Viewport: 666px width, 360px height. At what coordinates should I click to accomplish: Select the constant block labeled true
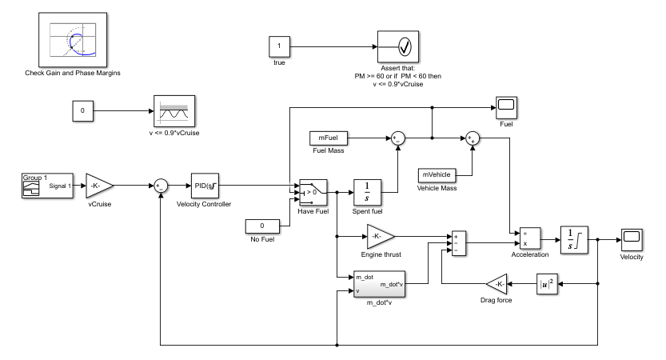[279, 46]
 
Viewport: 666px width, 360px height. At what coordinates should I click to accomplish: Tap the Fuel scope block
[505, 107]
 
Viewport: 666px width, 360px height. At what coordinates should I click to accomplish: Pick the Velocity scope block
[632, 238]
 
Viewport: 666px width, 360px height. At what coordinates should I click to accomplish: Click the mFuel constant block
[328, 138]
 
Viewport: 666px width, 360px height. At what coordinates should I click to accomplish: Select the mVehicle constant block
[437, 174]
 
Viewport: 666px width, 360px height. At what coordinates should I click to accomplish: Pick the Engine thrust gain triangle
[379, 235]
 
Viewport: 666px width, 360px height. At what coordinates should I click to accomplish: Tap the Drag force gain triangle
[497, 284]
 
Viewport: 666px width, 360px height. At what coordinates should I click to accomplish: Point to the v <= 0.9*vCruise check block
[174, 111]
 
